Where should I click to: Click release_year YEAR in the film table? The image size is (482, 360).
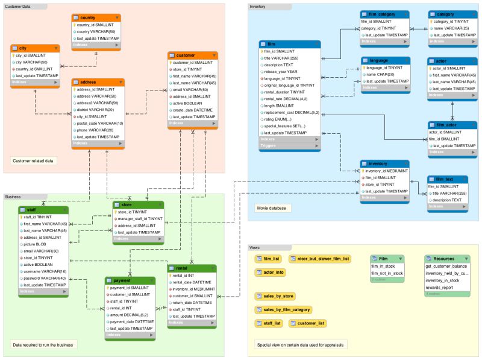pyautogui.click(x=283, y=70)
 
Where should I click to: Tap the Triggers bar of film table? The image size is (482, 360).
pyautogui.click(x=289, y=145)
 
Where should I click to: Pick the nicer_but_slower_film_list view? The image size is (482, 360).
pyautogui.click(x=321, y=259)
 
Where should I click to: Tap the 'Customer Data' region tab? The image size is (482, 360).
pyautogui.click(x=17, y=6)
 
